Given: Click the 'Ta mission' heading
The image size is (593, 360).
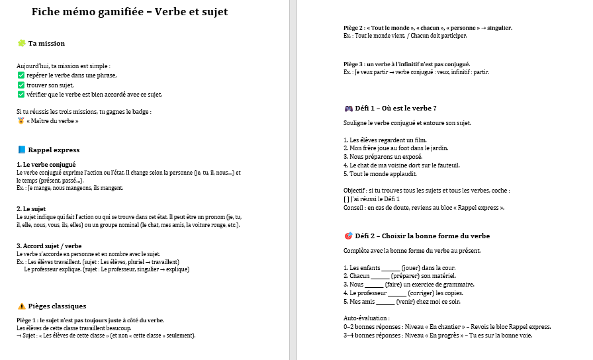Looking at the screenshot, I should [46, 44].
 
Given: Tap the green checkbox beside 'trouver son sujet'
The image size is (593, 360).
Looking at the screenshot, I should [21, 85].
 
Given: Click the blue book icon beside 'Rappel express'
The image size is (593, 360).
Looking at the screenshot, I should [21, 150].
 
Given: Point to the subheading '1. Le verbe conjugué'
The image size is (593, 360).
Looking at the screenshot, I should [46, 163].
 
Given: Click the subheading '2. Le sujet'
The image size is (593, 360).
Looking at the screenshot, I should [32, 208].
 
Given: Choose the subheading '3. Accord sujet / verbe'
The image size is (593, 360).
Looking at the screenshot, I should [49, 246].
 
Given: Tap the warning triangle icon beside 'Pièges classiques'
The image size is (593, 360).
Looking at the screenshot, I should [21, 306].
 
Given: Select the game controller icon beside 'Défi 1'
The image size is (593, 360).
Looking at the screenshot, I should [348, 108].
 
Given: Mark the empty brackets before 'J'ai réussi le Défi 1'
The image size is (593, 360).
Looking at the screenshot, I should [347, 199].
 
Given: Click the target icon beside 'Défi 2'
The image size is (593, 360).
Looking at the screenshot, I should [348, 236].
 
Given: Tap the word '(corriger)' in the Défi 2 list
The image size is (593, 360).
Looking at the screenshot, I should [421, 292].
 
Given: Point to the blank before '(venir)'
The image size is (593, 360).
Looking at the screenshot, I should [385, 301].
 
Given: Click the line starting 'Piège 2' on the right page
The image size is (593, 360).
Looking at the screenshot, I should [428, 28].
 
